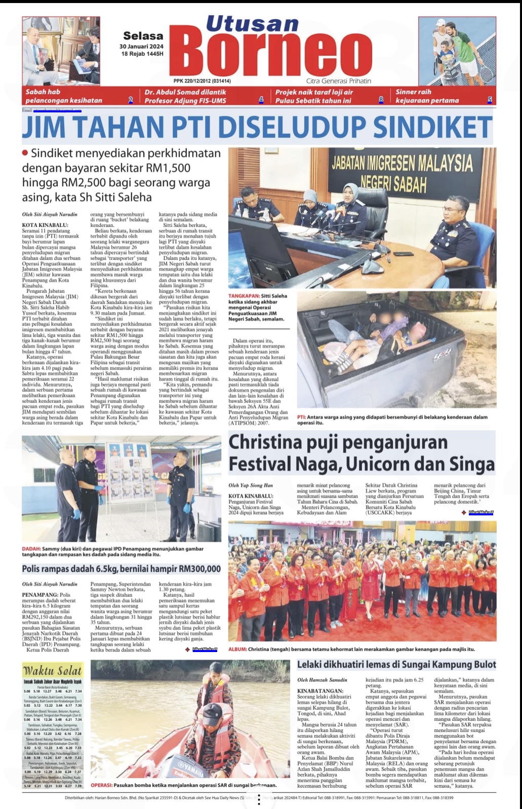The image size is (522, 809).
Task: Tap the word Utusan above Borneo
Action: point(252,24)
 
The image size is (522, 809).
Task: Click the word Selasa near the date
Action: point(143,36)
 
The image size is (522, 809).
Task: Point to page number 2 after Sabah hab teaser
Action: point(131,100)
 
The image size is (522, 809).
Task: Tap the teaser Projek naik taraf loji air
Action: point(314,96)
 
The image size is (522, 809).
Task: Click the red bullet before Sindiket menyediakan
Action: point(25,153)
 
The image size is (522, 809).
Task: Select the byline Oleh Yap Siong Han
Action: point(251,485)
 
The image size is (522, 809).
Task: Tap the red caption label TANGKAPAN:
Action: point(244,296)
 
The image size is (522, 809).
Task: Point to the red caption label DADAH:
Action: point(31,549)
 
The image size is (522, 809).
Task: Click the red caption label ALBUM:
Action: point(237,649)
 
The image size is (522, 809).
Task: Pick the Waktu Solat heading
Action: point(52,671)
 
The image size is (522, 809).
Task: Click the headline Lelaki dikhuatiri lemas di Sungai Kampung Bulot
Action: point(396,665)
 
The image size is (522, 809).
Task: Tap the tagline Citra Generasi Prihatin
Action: point(338,81)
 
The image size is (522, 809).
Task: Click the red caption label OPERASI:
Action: point(101,785)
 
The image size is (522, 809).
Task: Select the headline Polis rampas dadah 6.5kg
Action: point(122,569)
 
